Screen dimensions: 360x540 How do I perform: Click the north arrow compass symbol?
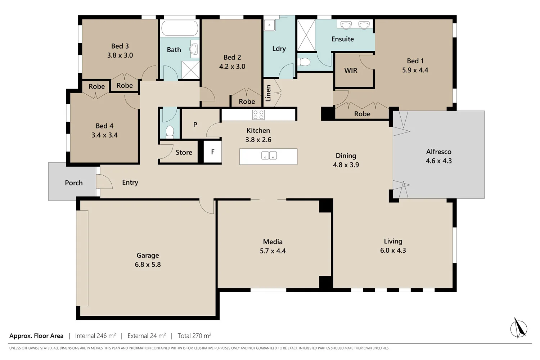tap(518, 328)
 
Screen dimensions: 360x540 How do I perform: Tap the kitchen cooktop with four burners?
tap(258, 115)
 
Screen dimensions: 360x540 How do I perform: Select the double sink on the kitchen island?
tap(269, 156)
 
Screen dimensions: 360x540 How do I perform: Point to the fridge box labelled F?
tap(212, 152)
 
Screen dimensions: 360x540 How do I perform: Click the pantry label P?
tap(195, 125)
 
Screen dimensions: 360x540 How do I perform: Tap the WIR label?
tap(351, 71)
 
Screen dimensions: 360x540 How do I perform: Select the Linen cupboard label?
tap(268, 93)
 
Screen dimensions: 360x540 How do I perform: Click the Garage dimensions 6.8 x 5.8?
tap(148, 265)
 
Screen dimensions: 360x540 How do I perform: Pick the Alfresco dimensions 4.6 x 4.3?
tap(438, 161)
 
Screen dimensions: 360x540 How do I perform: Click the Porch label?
tap(74, 183)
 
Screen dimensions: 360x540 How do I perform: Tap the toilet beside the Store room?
tap(170, 132)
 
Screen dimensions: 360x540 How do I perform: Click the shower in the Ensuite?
tap(306, 35)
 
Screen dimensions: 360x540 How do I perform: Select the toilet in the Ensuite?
tap(304, 62)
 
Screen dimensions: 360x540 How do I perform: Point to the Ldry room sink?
tap(269, 26)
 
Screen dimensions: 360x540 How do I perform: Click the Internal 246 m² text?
tap(95, 336)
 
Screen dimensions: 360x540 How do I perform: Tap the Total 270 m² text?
tap(194, 336)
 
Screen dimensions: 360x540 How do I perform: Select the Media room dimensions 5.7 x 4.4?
tap(273, 251)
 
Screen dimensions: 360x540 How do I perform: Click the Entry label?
tap(130, 183)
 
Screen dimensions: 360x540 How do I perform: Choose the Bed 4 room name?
tap(104, 126)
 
